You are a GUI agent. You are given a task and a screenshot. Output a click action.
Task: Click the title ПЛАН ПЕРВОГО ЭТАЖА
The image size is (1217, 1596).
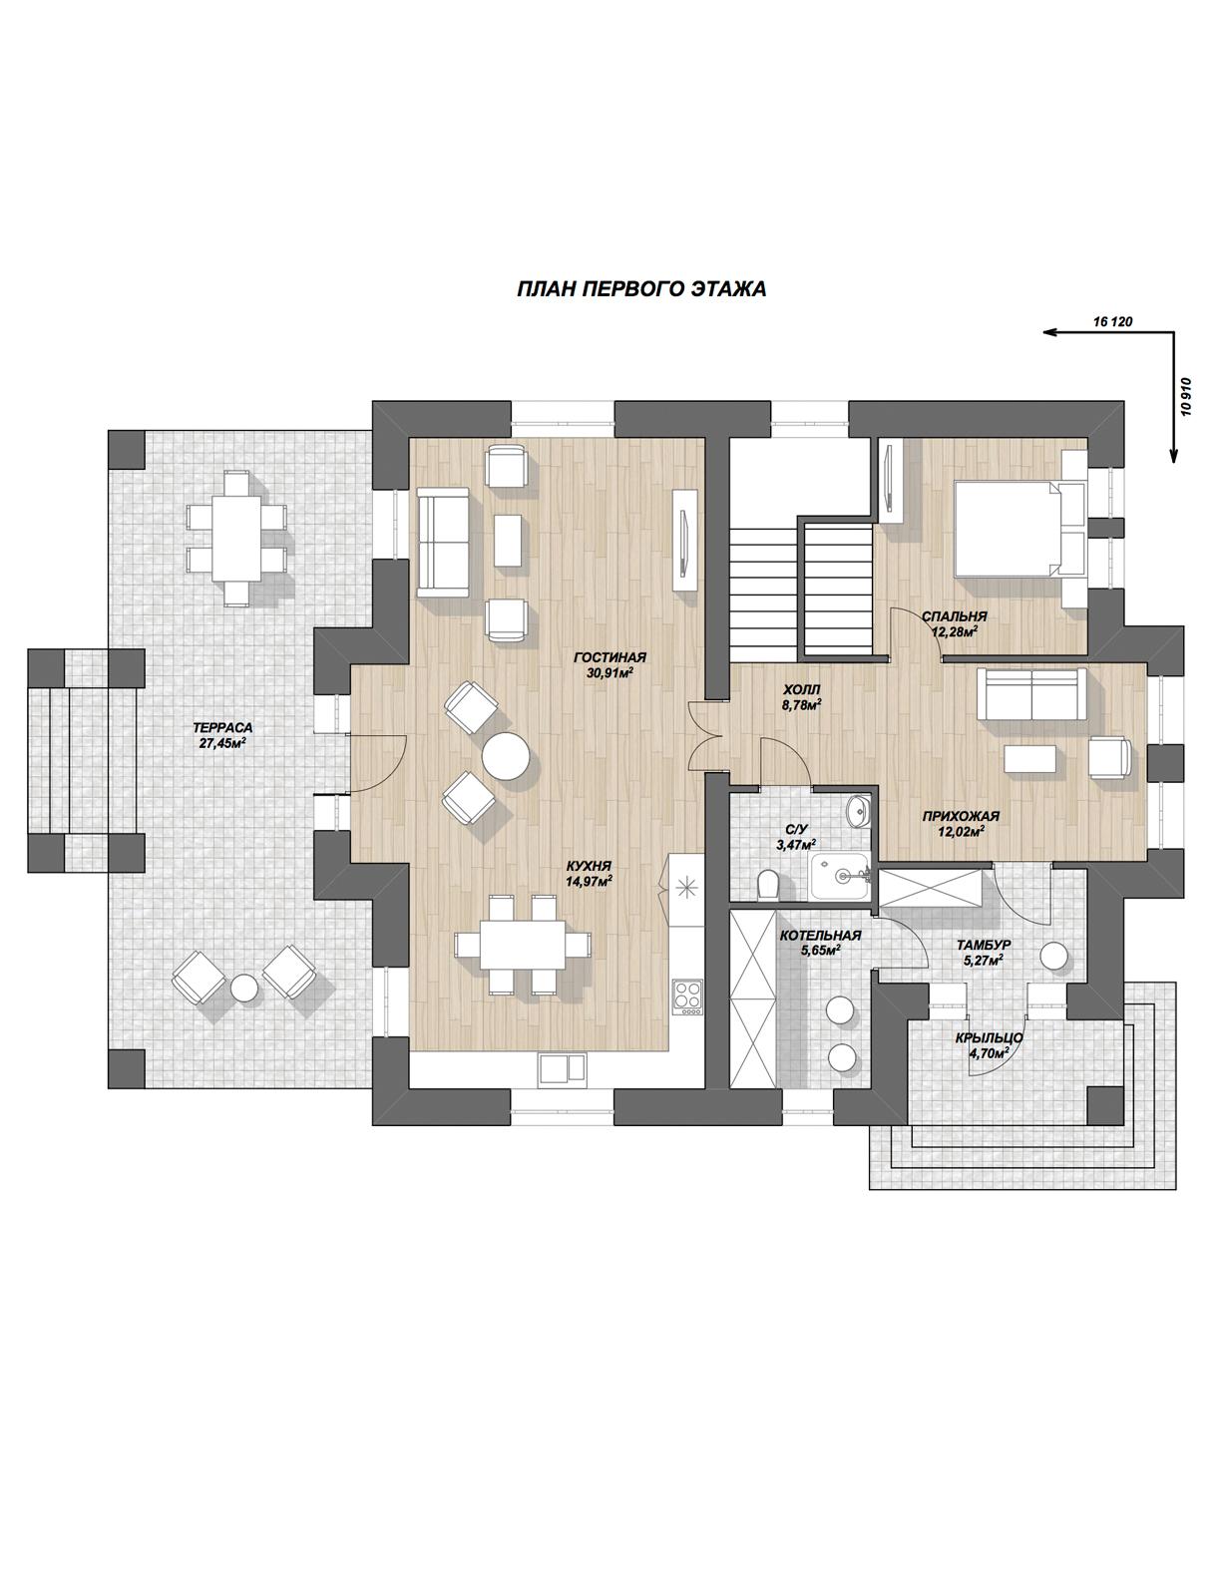[x=640, y=289]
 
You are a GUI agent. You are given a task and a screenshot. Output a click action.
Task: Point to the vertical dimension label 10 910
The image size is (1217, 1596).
[x=1186, y=397]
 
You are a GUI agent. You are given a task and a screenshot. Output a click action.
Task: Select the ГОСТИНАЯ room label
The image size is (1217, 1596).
[x=609, y=657]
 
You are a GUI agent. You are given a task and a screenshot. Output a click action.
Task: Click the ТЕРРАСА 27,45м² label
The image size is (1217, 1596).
[x=222, y=734]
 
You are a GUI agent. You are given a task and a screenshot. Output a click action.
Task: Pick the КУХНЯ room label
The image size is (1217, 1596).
[x=589, y=866]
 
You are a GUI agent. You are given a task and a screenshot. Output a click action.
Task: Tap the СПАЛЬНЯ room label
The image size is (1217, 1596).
[x=954, y=616]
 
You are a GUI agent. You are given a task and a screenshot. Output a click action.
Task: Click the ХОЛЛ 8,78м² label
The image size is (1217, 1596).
[x=802, y=696]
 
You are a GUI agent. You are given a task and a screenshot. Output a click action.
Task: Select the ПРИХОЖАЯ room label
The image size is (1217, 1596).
[x=961, y=817]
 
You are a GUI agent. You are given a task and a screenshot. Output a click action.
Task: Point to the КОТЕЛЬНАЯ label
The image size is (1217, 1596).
[x=820, y=936]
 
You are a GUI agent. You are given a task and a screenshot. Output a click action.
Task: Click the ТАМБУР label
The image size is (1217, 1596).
[x=983, y=946]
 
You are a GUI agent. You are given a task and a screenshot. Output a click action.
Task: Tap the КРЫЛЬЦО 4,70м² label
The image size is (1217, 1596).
[x=989, y=1044]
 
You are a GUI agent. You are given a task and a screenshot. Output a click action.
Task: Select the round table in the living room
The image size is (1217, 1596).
[x=506, y=756]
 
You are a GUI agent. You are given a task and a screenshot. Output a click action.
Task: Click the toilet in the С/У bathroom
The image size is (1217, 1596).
[x=768, y=885]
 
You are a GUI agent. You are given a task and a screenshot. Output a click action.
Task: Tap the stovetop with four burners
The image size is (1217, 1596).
[x=687, y=997]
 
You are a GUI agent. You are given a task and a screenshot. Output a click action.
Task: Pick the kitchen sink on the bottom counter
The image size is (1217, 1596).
[x=562, y=1068]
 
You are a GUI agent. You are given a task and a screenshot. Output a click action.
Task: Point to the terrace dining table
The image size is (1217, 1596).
[x=235, y=538]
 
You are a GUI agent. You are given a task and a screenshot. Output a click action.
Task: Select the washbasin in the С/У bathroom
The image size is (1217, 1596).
[x=859, y=810]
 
